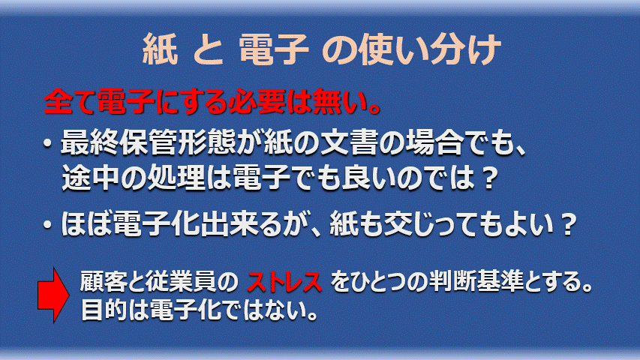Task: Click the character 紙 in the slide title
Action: pos(160,49)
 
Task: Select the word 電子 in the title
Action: pos(273,49)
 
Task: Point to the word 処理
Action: pos(176,178)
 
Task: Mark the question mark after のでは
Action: pos(488,179)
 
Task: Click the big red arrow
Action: pos(53,295)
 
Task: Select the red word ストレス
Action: pos(284,282)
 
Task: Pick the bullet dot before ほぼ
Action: pos(48,224)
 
